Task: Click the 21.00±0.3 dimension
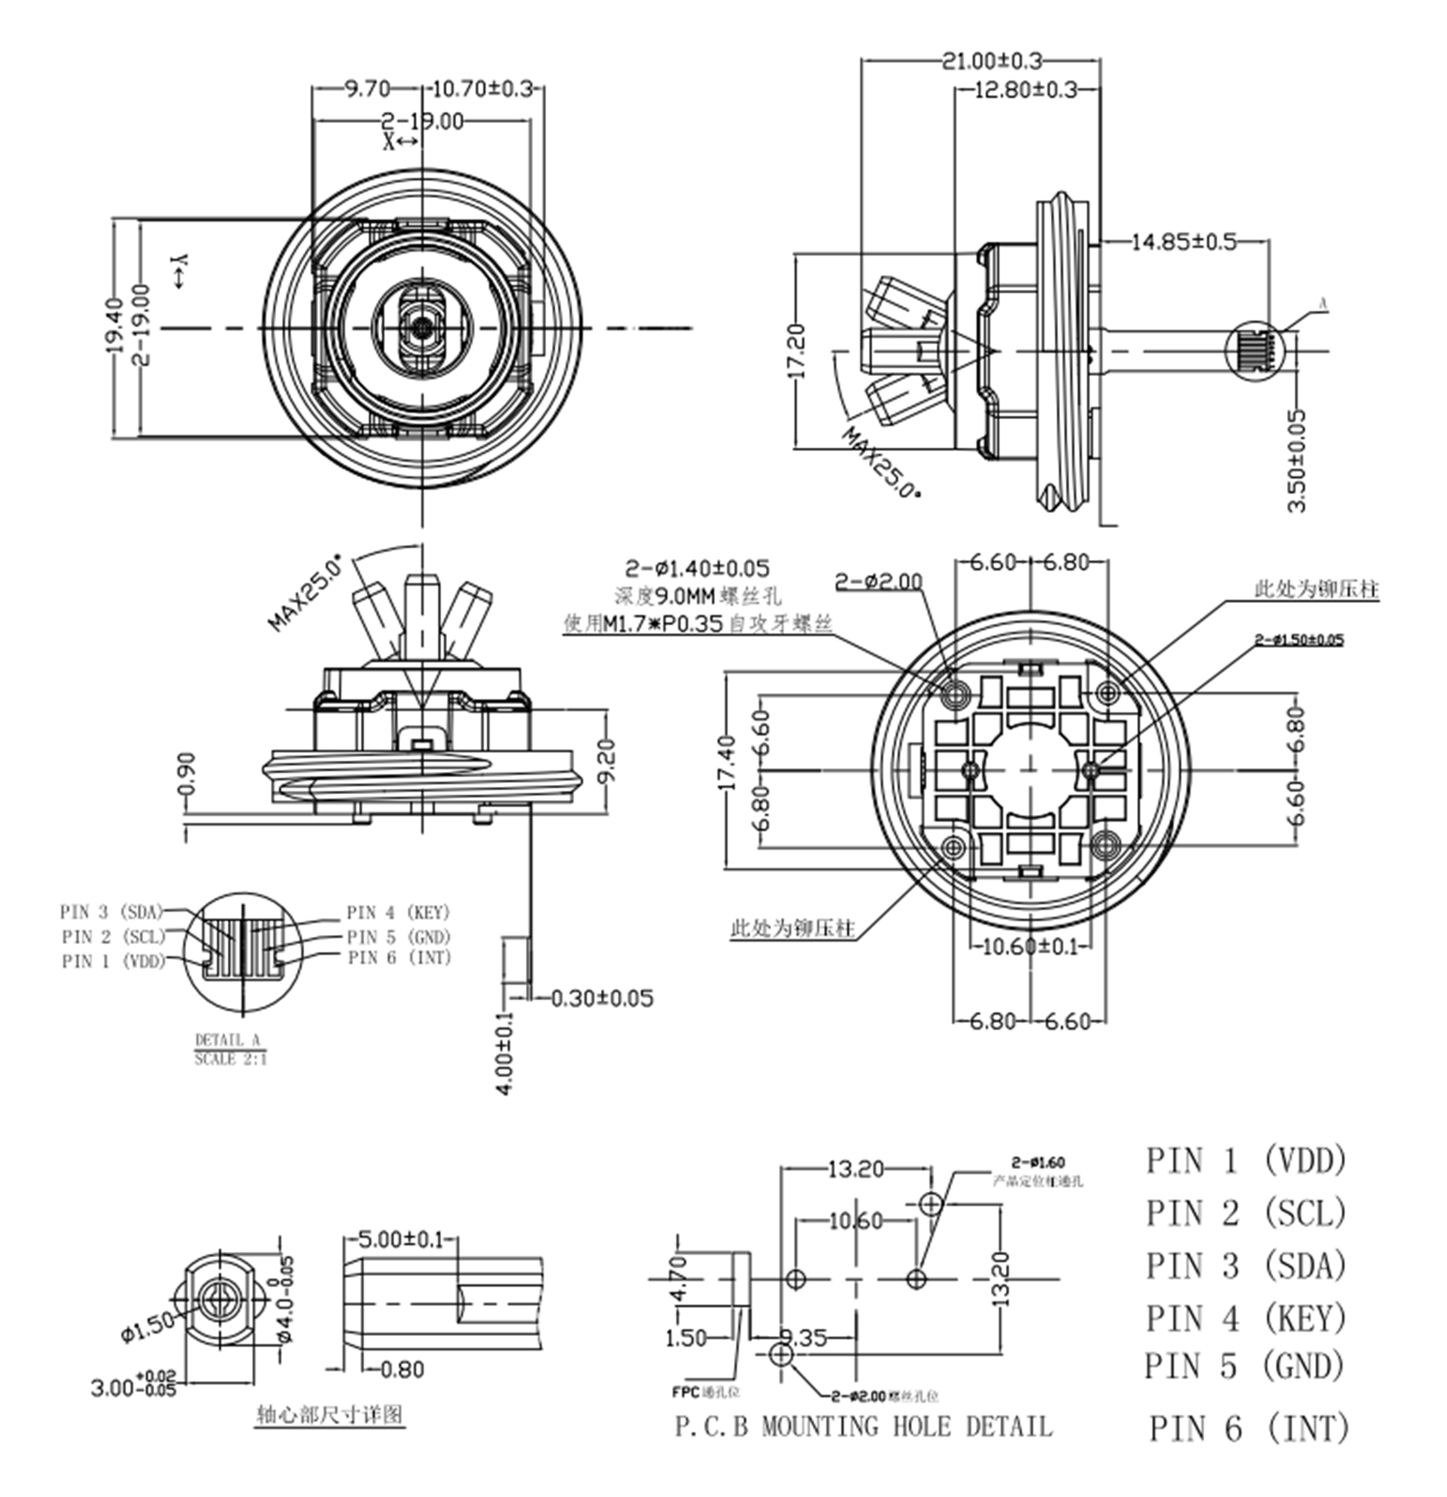coord(991,60)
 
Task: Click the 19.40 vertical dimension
coord(114,325)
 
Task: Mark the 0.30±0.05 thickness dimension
coord(602,998)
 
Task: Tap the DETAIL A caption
coord(228,1040)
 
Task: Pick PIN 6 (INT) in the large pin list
coord(1249,1428)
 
